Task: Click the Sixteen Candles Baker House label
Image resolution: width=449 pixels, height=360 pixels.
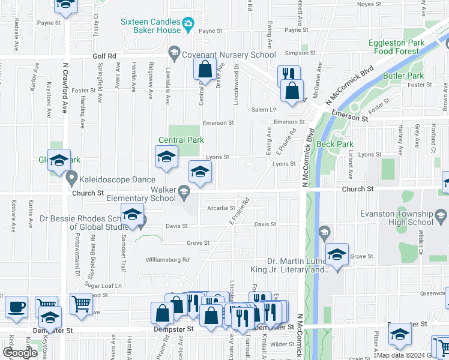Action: click(x=150, y=25)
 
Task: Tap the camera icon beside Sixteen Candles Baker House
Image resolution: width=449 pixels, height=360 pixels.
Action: click(x=188, y=25)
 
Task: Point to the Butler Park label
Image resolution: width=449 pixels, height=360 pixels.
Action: click(x=403, y=76)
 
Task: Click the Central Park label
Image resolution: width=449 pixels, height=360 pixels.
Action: click(x=181, y=140)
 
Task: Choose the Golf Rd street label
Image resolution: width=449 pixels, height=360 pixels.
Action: click(x=104, y=56)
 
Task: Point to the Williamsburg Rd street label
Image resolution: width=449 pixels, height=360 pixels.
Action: click(x=167, y=260)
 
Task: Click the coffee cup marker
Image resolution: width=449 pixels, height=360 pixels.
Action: click(x=16, y=307)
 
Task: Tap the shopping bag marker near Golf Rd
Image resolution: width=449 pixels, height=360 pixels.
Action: click(x=205, y=70)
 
